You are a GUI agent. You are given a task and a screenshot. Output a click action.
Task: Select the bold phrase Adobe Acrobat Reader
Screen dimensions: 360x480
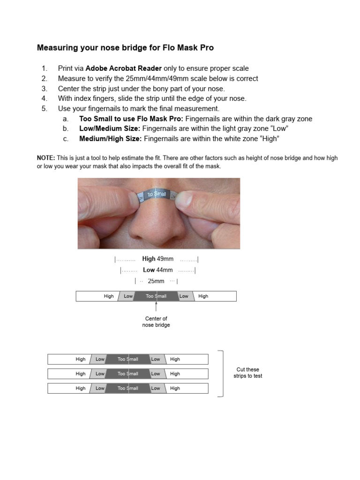123,68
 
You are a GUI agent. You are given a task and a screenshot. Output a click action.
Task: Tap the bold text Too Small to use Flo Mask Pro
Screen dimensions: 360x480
131,119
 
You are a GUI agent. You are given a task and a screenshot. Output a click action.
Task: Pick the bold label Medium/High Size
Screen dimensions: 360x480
110,139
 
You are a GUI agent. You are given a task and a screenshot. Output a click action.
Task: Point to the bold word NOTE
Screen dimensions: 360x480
46,158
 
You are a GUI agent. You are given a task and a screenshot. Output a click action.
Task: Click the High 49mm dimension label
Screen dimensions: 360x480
157,259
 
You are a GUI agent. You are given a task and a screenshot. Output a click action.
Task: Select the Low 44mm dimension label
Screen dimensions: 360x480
157,270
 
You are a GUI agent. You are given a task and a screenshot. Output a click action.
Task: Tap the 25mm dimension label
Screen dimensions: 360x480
156,281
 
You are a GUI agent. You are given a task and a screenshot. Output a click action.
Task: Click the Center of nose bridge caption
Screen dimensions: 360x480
156,322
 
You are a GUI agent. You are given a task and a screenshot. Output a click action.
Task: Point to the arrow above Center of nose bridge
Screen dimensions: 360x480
156,306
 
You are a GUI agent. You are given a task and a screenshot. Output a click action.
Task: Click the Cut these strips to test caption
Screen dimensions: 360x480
247,373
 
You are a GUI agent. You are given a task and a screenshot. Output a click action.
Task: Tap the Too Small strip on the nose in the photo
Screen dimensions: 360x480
156,195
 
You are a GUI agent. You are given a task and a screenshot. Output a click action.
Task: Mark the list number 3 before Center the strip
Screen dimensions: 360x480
45,89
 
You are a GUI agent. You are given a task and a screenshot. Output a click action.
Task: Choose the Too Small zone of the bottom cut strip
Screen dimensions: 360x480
127,389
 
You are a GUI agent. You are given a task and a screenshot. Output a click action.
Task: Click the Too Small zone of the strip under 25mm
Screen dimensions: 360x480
156,296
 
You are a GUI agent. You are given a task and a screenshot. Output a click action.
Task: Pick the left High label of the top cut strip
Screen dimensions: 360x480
81,360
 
